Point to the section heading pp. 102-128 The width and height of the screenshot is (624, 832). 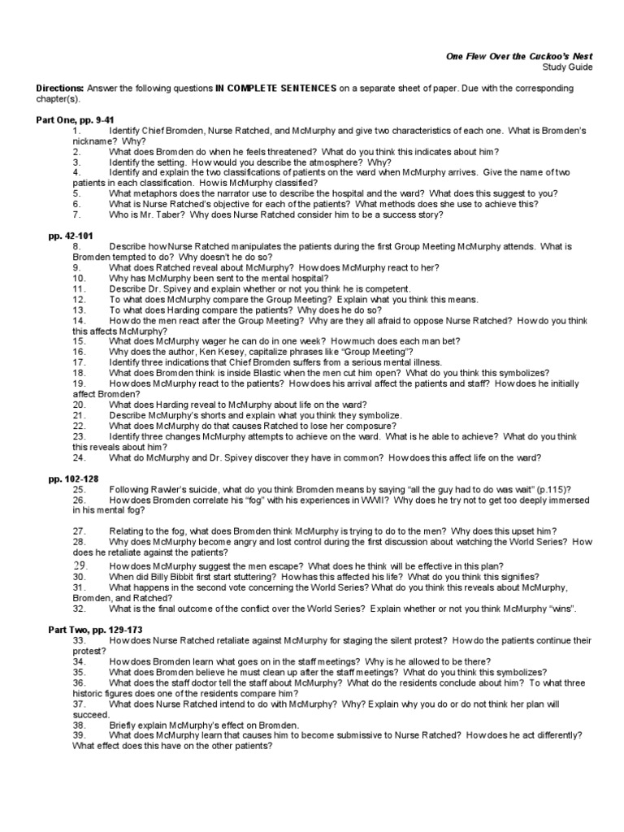pos(73,479)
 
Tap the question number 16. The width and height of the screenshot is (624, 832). pos(79,351)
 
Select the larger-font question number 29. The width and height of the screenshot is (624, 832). pos(80,565)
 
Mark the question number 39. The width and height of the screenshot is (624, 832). pos(79,734)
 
